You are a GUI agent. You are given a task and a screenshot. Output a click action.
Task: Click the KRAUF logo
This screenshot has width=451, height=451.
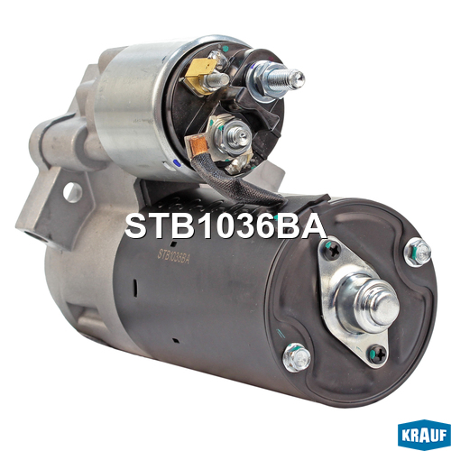[424, 435]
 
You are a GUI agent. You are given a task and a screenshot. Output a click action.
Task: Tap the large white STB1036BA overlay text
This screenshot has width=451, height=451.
[225, 226]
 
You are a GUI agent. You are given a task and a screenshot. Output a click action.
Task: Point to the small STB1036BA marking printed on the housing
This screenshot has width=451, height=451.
[174, 256]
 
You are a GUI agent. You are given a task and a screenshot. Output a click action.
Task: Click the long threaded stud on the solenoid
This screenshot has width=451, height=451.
[284, 79]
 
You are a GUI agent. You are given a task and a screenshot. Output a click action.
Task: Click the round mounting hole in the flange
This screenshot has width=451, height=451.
[72, 192]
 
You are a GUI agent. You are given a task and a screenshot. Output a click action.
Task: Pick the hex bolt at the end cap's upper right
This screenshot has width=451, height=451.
[418, 252]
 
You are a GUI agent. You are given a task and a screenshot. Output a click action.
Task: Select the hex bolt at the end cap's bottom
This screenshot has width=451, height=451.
[297, 358]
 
